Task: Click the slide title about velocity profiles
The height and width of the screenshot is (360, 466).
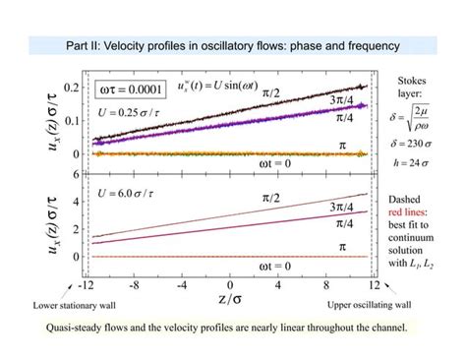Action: (232, 45)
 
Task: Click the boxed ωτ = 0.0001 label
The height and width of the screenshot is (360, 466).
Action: (129, 89)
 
